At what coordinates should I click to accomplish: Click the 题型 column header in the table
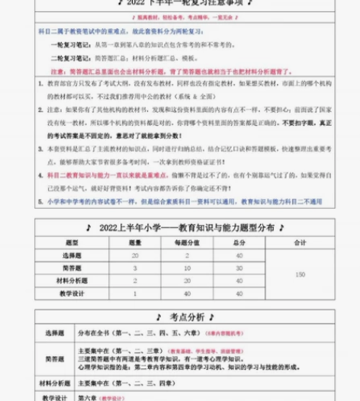coord(72,242)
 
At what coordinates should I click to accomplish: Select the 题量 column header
coord(135,242)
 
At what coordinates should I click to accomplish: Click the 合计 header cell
coord(300,242)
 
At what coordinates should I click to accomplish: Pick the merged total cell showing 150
coord(300,274)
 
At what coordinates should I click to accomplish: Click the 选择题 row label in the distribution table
coord(72,255)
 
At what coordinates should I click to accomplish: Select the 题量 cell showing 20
coord(135,255)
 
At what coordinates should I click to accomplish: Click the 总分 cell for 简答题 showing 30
coord(239,268)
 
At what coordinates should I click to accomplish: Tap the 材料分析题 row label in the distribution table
coord(72,281)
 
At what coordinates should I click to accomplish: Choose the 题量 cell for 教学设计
coord(135,294)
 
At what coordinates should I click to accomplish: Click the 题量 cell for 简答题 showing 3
coord(135,268)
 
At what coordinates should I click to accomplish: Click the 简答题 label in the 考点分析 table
coord(55,358)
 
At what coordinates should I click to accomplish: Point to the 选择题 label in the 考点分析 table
coord(55,333)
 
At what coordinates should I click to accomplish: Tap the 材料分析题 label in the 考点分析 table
coord(55,383)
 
